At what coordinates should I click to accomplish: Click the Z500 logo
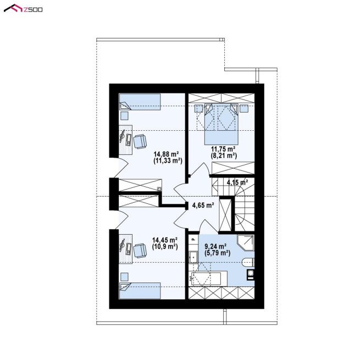[x=23, y=9]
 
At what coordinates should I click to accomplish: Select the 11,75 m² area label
[x=223, y=149]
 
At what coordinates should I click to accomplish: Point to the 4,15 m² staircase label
[x=237, y=182]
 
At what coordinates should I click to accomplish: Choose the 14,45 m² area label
[x=164, y=240]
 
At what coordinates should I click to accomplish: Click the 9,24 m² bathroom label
[x=215, y=246]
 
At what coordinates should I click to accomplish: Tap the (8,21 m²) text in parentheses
[x=224, y=156]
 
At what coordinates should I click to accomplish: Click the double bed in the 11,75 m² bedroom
[x=221, y=124]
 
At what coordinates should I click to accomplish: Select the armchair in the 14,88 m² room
[x=140, y=141]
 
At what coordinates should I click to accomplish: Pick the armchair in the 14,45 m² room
[x=140, y=251]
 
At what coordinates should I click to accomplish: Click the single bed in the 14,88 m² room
[x=140, y=102]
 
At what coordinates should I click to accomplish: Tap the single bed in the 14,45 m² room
[x=140, y=291]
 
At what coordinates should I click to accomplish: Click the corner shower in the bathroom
[x=246, y=243]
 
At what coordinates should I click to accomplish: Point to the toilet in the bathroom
[x=248, y=263]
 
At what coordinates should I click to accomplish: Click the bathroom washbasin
[x=193, y=257]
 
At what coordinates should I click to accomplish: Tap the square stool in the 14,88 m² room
[x=124, y=115]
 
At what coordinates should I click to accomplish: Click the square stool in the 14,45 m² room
[x=124, y=277]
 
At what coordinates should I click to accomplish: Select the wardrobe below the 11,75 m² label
[x=233, y=168]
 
